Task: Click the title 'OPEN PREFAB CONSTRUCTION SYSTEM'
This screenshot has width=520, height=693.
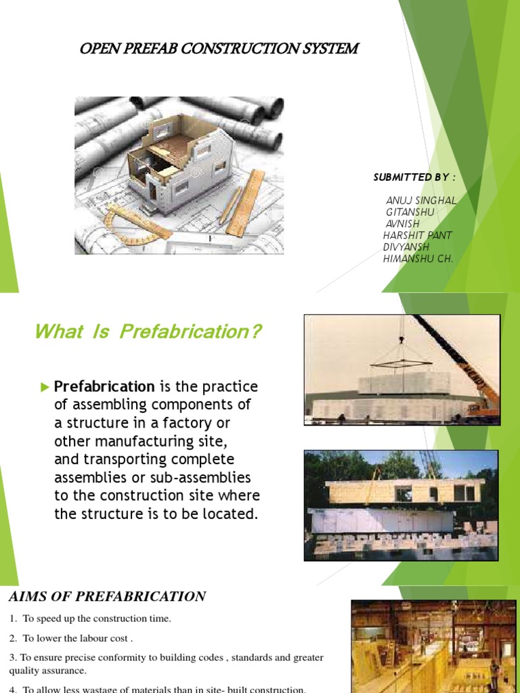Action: [x=219, y=49]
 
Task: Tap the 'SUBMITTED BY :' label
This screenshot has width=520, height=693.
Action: [x=414, y=177]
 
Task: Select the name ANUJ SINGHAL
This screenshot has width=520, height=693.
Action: [x=421, y=201]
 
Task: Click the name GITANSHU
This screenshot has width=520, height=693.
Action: [x=410, y=213]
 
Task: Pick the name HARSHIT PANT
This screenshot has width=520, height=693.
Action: [x=417, y=236]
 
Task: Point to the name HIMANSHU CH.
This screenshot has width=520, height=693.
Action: [x=418, y=259]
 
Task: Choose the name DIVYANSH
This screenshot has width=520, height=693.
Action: [x=406, y=247]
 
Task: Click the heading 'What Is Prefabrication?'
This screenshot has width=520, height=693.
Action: [x=148, y=332]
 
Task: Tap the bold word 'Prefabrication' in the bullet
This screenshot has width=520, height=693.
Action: [x=104, y=387]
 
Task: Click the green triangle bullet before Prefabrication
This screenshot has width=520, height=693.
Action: [x=45, y=387]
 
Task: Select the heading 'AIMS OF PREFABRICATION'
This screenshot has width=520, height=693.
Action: [x=107, y=597]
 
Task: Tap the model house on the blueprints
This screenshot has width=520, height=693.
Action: [x=181, y=161]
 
